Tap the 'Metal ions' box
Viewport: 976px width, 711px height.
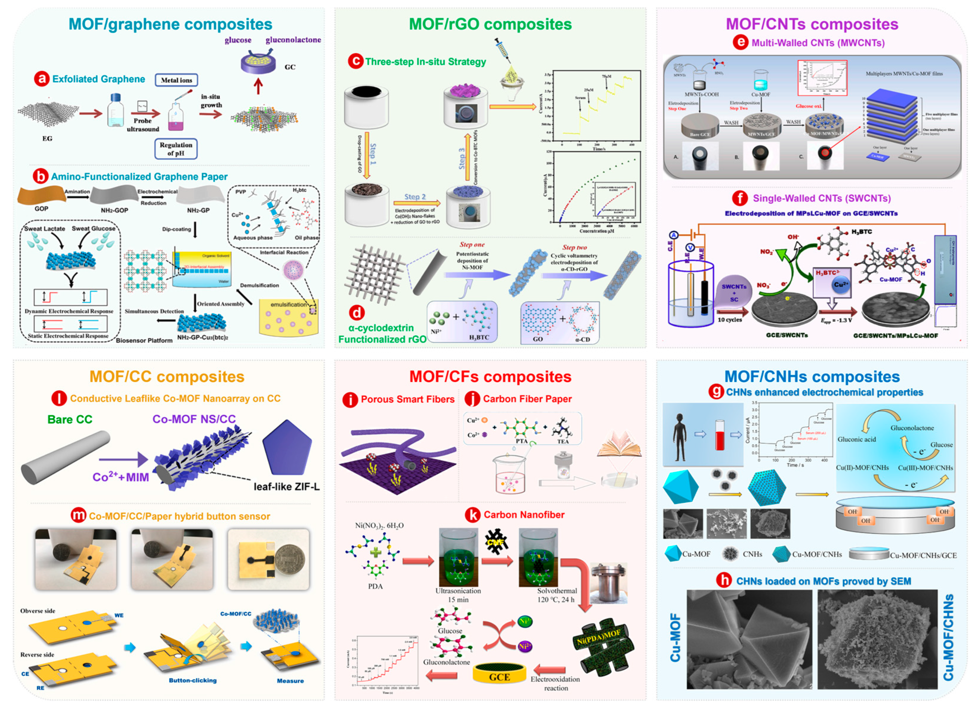[176, 80]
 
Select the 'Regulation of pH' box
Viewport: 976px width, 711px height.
[176, 149]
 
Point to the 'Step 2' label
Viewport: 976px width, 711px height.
[415, 197]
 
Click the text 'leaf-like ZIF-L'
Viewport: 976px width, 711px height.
[286, 487]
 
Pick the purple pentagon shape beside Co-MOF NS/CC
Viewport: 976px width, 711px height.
[287, 447]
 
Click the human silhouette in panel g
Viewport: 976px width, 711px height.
[679, 437]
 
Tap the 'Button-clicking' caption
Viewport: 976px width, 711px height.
[193, 680]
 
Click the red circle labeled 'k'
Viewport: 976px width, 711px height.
[472, 515]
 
